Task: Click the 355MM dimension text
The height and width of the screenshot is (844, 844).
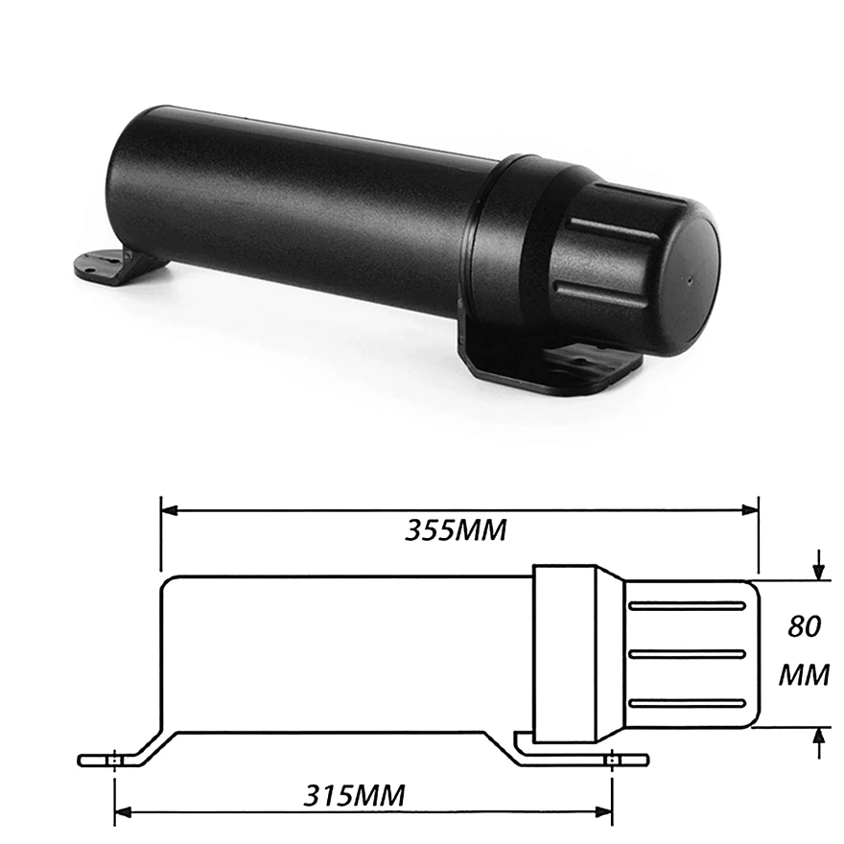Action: pyautogui.click(x=455, y=530)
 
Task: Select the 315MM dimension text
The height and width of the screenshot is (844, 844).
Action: pyautogui.click(x=355, y=795)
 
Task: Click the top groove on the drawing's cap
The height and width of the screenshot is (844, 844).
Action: pyautogui.click(x=687, y=606)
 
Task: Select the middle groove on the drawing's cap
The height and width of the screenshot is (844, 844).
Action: pyautogui.click(x=687, y=654)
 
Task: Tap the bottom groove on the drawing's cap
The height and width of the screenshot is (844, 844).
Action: pyautogui.click(x=687, y=702)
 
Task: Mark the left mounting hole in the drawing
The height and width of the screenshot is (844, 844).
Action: pyautogui.click(x=114, y=760)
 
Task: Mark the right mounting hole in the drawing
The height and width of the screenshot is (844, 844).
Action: pyautogui.click(x=611, y=760)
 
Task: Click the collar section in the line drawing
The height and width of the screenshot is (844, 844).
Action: pyautogui.click(x=568, y=652)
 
